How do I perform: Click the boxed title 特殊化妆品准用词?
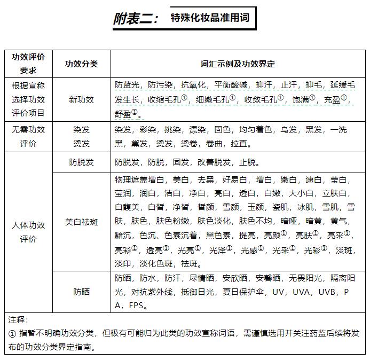(x=210, y=18)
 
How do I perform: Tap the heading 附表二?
(x=136, y=19)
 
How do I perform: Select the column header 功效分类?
(x=81, y=64)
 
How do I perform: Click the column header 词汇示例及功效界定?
(x=238, y=64)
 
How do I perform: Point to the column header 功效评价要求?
(x=28, y=64)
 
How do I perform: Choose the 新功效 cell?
(x=81, y=99)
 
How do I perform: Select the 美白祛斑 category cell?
(x=81, y=222)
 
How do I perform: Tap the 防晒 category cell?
(x=81, y=292)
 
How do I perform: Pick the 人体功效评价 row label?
(x=28, y=232)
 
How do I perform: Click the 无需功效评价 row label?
(x=28, y=136)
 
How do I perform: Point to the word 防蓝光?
(x=127, y=85)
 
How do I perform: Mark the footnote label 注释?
(x=18, y=320)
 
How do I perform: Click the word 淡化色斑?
(x=156, y=264)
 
